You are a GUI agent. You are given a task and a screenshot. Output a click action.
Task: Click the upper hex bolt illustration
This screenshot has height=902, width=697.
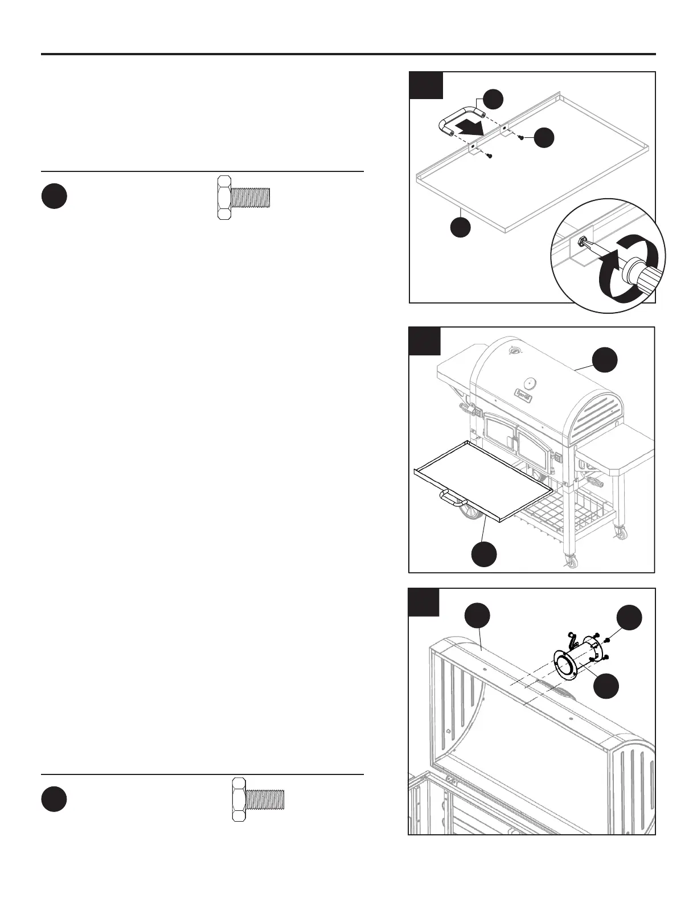pyautogui.click(x=244, y=198)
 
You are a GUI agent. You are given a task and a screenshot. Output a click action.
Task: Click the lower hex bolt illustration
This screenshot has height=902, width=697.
pyautogui.click(x=258, y=799)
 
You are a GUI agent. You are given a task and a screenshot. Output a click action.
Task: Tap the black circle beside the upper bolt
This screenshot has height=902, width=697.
pyautogui.click(x=54, y=196)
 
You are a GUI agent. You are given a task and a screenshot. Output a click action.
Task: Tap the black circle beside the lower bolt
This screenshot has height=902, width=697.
pyautogui.click(x=54, y=799)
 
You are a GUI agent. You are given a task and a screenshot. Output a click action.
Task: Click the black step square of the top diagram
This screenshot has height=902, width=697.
pyautogui.click(x=427, y=86)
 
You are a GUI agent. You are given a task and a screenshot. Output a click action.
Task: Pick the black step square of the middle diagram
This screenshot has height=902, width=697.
pyautogui.click(x=425, y=341)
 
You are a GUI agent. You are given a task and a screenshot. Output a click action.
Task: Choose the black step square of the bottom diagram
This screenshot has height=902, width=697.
pyautogui.click(x=424, y=602)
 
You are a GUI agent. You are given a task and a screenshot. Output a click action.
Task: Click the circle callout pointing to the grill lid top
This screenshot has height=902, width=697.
pyautogui.click(x=605, y=360)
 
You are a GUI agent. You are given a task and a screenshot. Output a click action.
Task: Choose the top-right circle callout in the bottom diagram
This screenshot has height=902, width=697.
pyautogui.click(x=630, y=617)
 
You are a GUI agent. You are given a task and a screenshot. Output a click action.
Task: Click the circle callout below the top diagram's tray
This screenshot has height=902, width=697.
pyautogui.click(x=461, y=226)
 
